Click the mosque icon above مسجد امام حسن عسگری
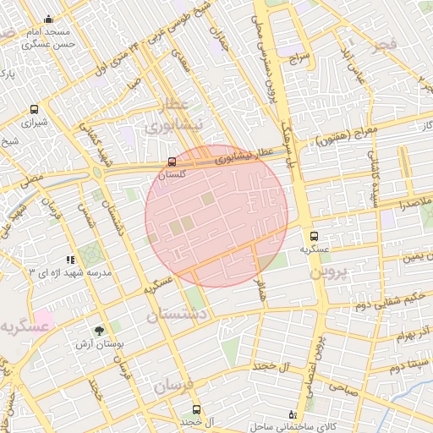pos(48,19)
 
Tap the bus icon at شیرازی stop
pos(34,109)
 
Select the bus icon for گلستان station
pos(173,161)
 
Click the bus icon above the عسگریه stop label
pos(314,237)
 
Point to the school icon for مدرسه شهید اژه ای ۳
pos(70,260)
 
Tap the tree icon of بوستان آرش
pos(99,331)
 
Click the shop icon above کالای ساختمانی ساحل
pos(293,414)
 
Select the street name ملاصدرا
pos(412,204)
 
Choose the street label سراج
pos(300,60)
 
